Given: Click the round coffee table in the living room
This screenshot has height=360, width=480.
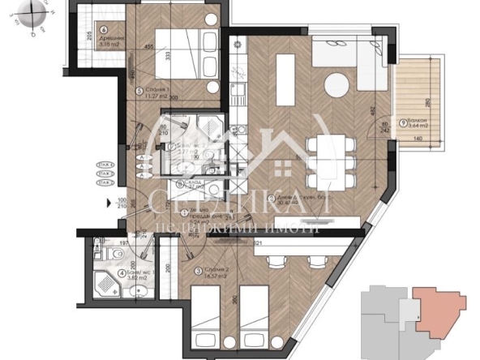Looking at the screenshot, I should coord(337,85).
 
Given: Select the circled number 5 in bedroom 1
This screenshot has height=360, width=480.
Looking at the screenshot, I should coord(139,90).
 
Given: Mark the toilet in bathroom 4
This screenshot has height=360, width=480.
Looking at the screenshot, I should coord(98,255).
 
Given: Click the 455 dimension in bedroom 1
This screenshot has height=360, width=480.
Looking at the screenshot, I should coord(149,48).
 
